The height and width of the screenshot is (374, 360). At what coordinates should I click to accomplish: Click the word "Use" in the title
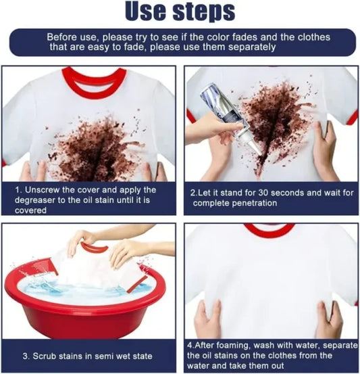pyautogui.click(x=149, y=11)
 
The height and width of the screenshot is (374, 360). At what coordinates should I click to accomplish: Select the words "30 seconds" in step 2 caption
pyautogui.click(x=277, y=192)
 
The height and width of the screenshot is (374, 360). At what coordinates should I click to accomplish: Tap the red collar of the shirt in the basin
pyautogui.click(x=95, y=248)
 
